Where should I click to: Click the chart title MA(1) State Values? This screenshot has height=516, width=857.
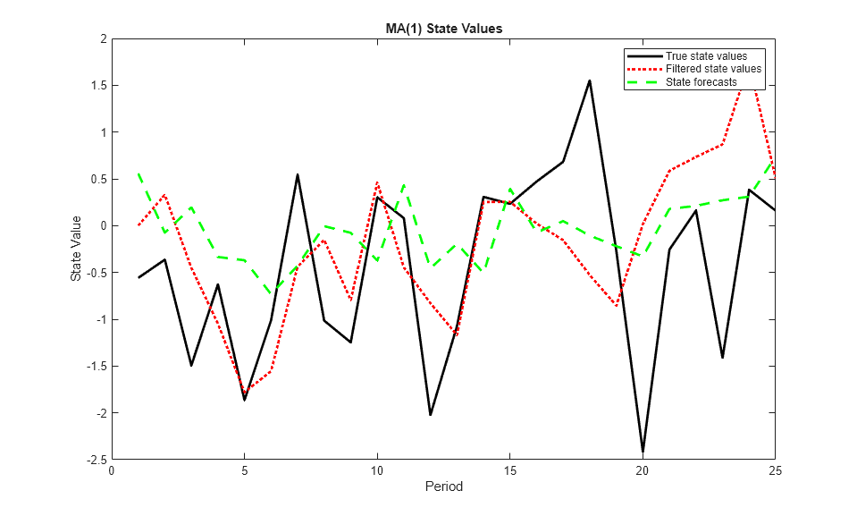[437, 29]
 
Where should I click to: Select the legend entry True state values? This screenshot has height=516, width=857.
[706, 56]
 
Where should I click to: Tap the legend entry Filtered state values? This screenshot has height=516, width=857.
[713, 69]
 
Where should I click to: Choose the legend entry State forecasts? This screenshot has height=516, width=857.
[701, 81]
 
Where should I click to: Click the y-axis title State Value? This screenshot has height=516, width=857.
[76, 249]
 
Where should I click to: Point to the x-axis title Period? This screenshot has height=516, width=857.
[443, 487]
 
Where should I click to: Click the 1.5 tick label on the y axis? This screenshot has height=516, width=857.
[96, 86]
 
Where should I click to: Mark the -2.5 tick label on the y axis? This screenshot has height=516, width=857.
[94, 460]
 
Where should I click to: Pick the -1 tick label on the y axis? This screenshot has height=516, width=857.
[98, 319]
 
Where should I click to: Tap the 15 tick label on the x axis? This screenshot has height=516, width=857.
[510, 471]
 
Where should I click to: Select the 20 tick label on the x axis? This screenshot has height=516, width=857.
[643, 471]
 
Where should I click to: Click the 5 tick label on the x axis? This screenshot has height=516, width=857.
[245, 471]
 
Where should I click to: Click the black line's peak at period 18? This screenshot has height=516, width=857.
[590, 80]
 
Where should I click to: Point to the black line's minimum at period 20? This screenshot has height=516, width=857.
[643, 453]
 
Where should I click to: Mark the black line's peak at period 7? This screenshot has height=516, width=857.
[298, 174]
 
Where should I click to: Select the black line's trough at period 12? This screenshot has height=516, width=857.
[431, 415]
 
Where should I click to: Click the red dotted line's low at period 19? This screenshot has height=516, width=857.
[616, 306]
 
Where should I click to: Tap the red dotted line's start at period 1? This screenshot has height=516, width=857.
[139, 225]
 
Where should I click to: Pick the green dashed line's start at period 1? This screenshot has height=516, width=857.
[139, 173]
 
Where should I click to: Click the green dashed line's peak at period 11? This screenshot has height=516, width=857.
[404, 184]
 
